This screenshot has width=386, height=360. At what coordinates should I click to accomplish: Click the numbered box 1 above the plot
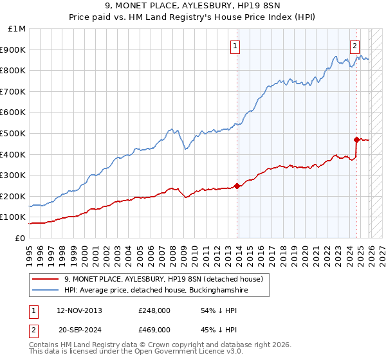[x=236, y=46]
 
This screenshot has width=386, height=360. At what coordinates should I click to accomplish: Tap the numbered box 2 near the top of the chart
[x=354, y=46]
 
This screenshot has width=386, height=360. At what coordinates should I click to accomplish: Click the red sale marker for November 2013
[x=237, y=186]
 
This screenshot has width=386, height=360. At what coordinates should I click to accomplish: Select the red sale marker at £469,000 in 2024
[x=356, y=139]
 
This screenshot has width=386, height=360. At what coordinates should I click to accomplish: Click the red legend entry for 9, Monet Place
[x=163, y=279]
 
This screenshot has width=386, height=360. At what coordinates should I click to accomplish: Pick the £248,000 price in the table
[x=154, y=310]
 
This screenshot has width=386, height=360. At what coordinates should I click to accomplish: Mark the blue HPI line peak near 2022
[x=336, y=57]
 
